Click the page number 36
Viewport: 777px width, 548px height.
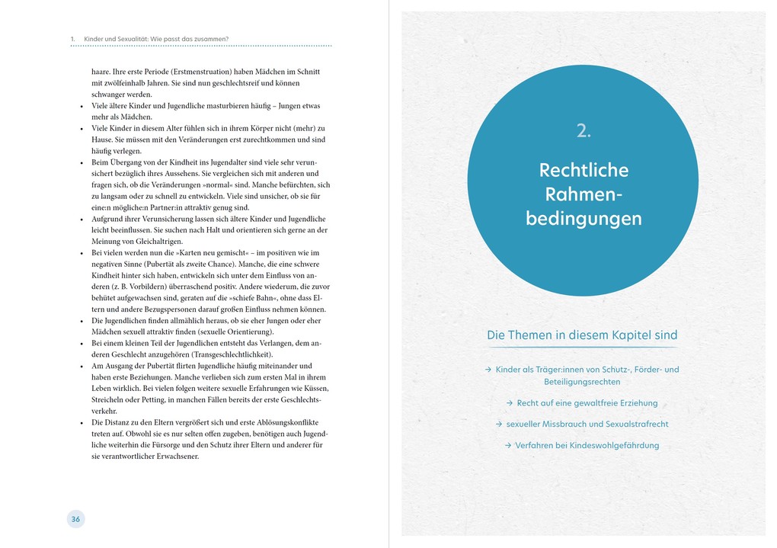pyautogui.click(x=75, y=519)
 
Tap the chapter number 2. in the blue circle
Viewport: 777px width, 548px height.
pyautogui.click(x=584, y=131)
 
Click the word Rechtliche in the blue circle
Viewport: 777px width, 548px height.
pyautogui.click(x=584, y=170)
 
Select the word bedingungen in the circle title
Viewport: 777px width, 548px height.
pyautogui.click(x=584, y=220)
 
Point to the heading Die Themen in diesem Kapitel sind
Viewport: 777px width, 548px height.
pyautogui.click(x=582, y=335)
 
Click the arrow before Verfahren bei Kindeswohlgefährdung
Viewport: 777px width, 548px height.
pyautogui.click(x=507, y=445)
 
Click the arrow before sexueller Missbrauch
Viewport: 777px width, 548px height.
pyautogui.click(x=498, y=424)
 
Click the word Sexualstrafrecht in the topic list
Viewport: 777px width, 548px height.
pyautogui.click(x=631, y=424)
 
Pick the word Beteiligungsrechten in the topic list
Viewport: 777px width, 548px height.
pyautogui.click(x=582, y=382)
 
